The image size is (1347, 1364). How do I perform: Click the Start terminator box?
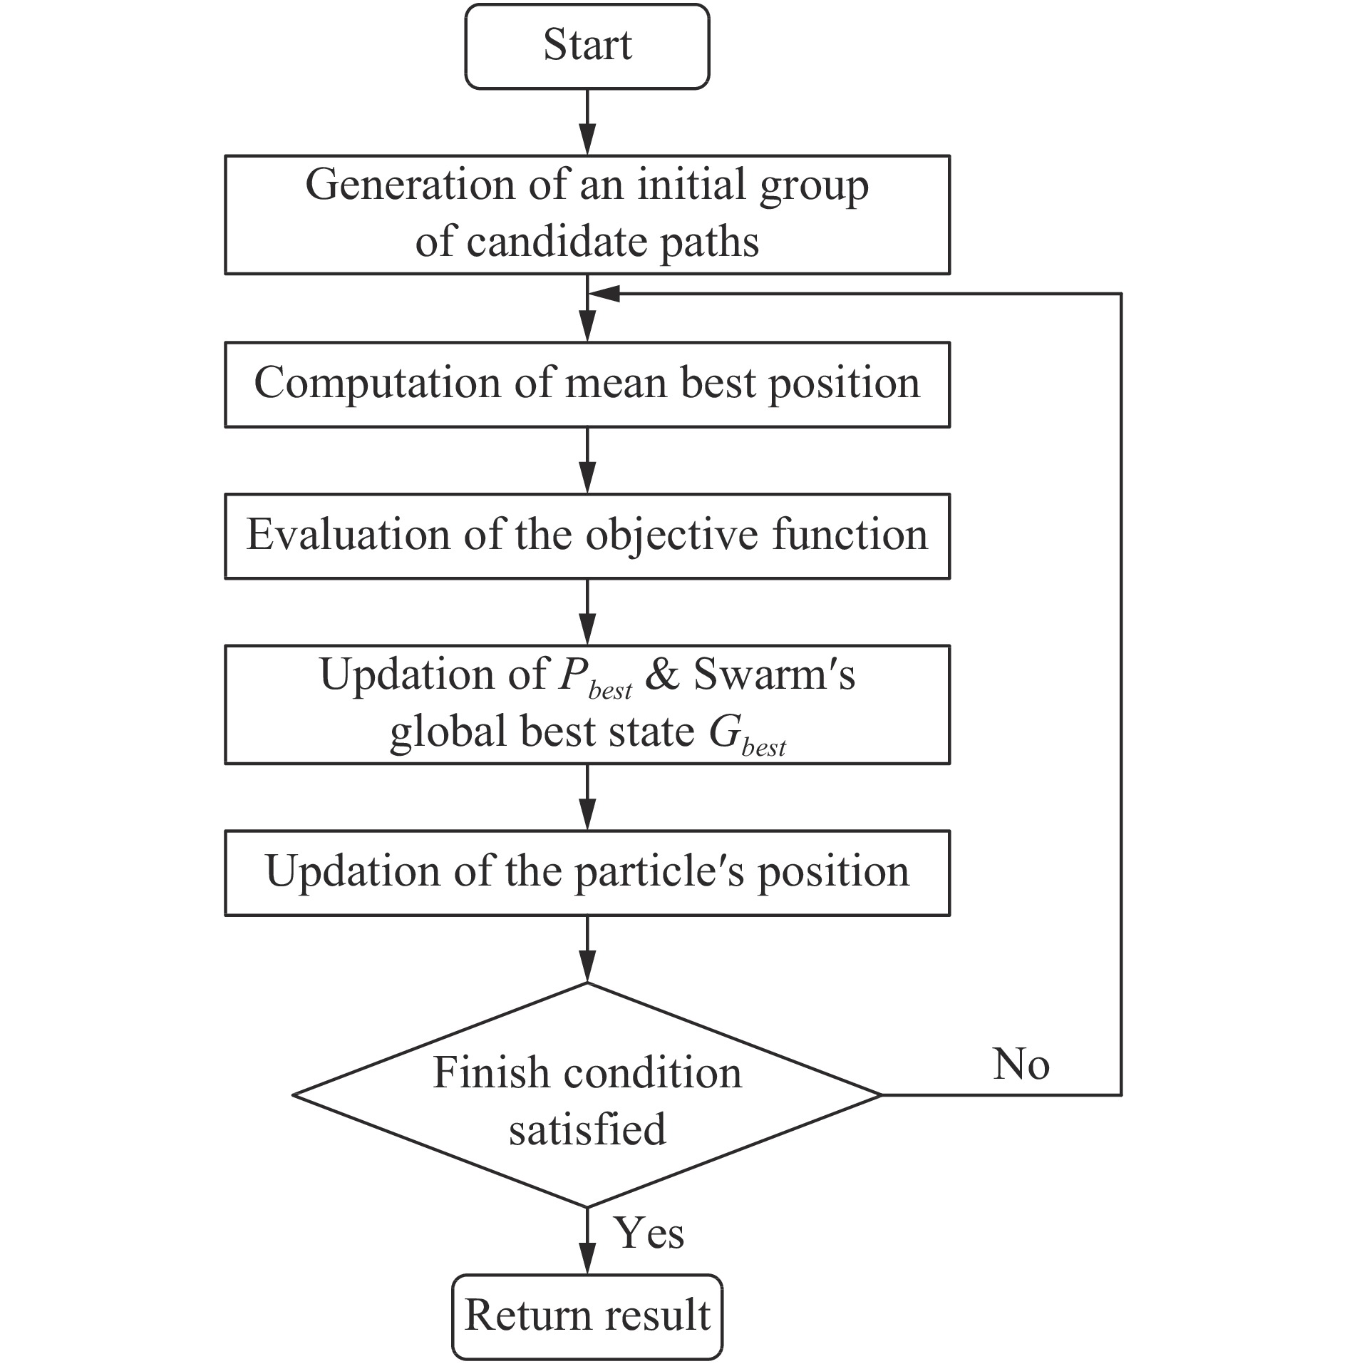[x=587, y=46]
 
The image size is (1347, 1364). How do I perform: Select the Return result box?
[x=587, y=1316]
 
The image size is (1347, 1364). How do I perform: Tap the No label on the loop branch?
[x=1021, y=1065]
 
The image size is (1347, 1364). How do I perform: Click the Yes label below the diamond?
[x=649, y=1234]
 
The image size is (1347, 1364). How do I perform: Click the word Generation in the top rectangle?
[x=410, y=185]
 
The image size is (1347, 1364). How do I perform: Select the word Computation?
[x=378, y=383]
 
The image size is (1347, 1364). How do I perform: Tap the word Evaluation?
[x=348, y=535]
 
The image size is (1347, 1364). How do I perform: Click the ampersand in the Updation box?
[x=662, y=675]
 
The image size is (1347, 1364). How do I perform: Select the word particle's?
[x=659, y=872]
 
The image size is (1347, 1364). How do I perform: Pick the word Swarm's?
[x=774, y=675]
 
